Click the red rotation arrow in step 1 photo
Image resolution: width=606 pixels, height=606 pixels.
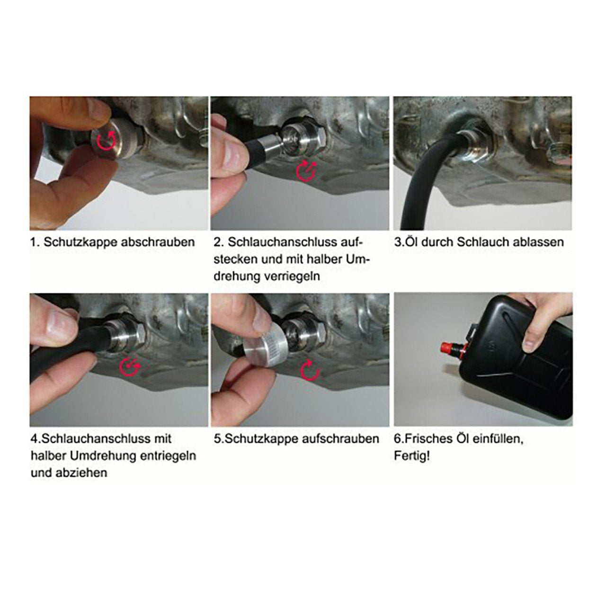[x=106, y=141]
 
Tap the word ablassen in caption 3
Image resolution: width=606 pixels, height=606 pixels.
[x=535, y=242]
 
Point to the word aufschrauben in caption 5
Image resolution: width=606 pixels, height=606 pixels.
[x=340, y=438]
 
